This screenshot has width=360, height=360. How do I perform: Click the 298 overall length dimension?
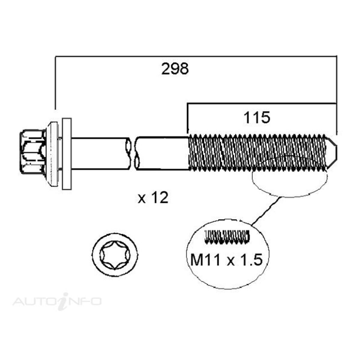[x=175, y=69]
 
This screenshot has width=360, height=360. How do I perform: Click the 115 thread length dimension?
[x=257, y=118]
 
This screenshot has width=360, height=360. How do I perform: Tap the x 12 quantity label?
[x=153, y=198]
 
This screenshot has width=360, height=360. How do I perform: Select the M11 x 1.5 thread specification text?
[x=227, y=260]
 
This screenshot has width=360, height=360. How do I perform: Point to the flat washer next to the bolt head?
[x=67, y=154]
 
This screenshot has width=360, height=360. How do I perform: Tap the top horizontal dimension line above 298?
[x=195, y=56]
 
